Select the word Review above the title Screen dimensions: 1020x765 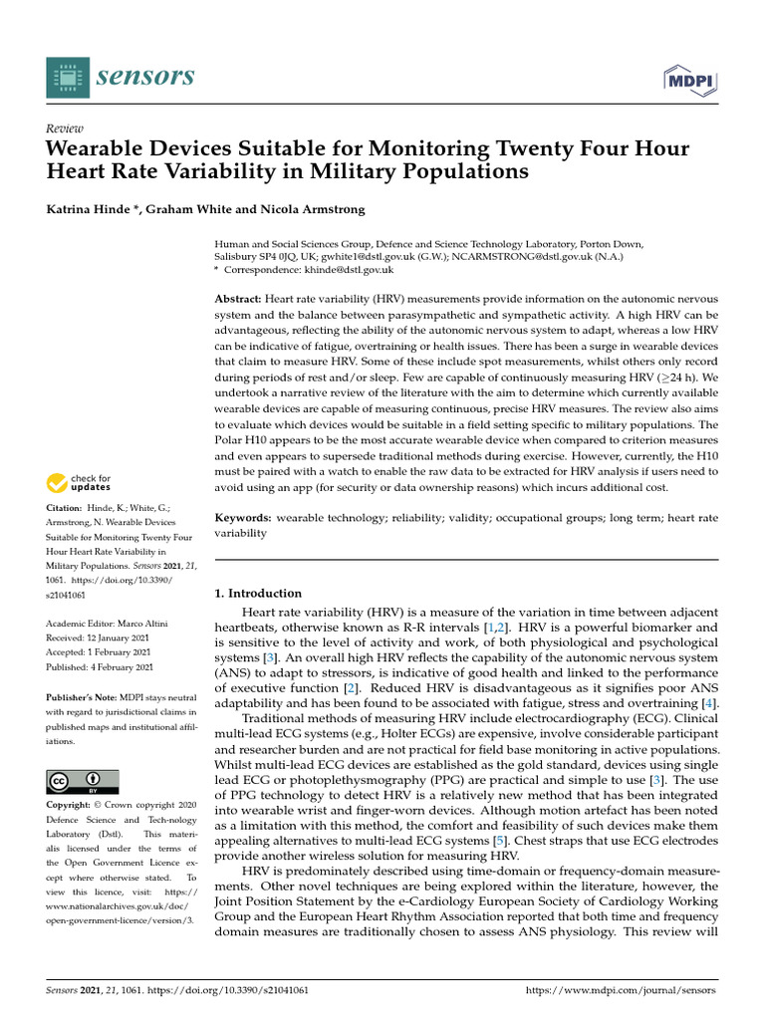[65, 129]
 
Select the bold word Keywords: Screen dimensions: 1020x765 [243, 518]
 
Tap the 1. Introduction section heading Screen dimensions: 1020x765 [258, 594]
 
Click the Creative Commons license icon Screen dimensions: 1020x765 [83, 781]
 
